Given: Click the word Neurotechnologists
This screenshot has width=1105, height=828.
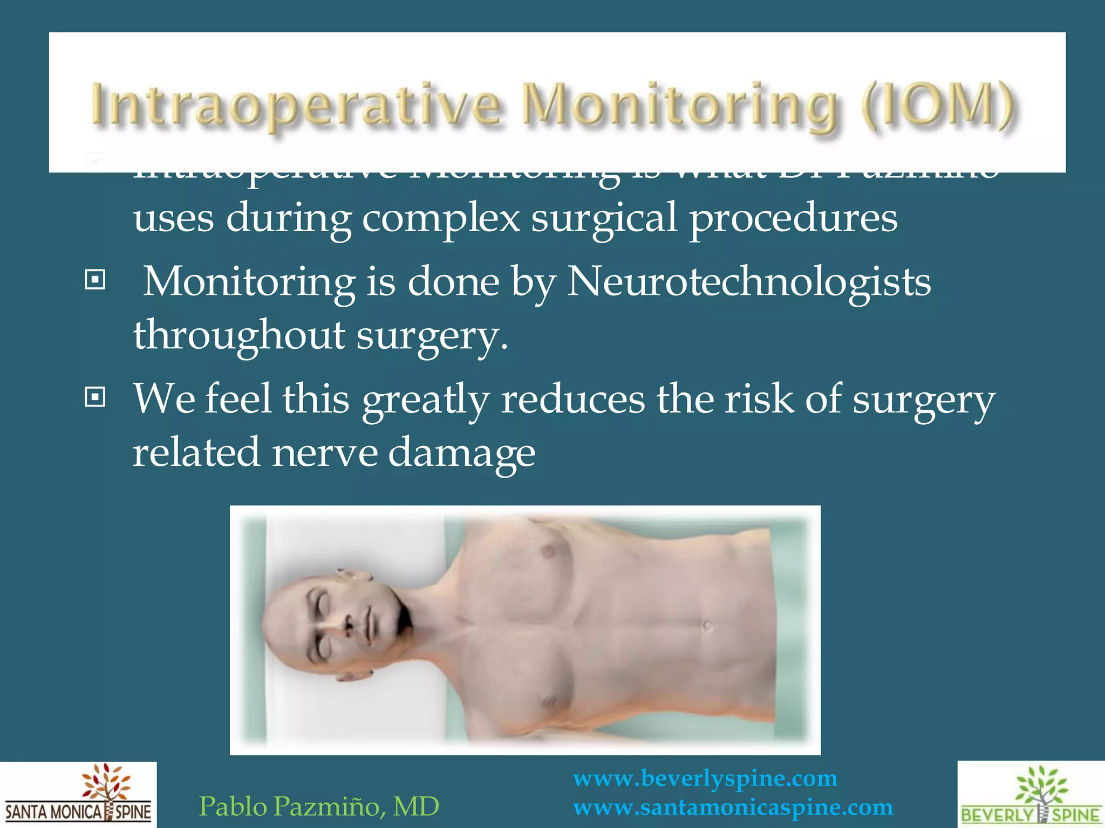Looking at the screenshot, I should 748,282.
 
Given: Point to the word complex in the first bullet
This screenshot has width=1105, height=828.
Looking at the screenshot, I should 440,219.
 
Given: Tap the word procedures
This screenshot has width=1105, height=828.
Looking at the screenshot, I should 793,219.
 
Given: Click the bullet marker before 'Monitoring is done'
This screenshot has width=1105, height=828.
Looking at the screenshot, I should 95,280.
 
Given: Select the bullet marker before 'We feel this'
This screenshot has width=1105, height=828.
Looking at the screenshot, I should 95,398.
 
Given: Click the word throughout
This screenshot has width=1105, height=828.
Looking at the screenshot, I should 239,335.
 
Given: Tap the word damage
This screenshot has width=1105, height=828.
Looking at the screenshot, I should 461,453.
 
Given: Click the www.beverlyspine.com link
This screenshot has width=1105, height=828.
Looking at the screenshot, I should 705,779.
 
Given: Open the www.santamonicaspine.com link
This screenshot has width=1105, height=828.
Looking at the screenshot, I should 733,808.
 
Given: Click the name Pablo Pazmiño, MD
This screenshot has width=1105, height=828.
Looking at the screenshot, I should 319,807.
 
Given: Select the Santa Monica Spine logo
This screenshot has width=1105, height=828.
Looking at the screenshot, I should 78,795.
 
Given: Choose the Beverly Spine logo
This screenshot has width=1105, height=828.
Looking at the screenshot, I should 1031,795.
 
